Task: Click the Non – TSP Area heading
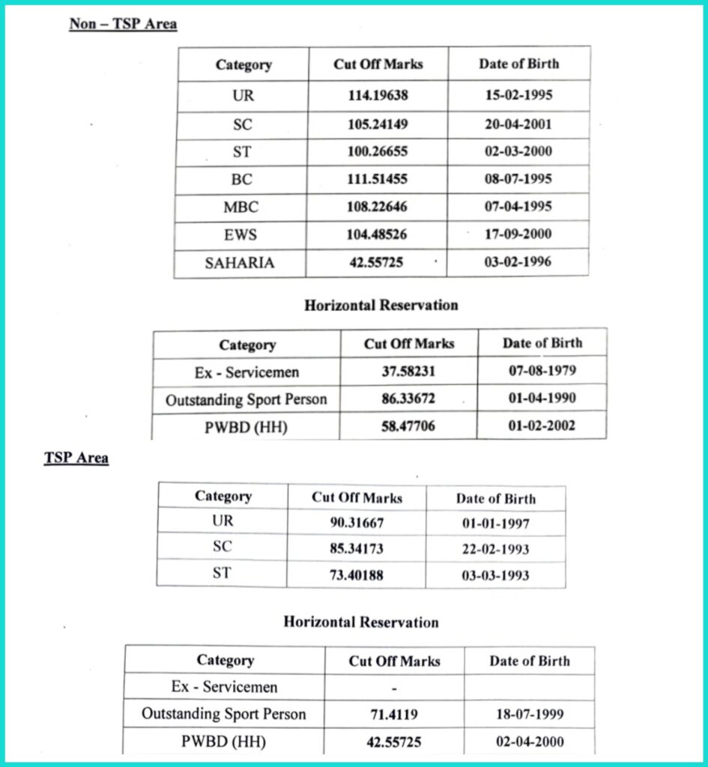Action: click(x=123, y=24)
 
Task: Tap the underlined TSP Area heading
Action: click(x=76, y=458)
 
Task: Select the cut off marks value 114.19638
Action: click(x=378, y=96)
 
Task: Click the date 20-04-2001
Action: click(x=518, y=124)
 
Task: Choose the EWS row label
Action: click(x=240, y=234)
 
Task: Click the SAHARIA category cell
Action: click(x=240, y=262)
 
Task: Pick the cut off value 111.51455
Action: click(x=378, y=179)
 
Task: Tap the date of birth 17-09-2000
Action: click(x=518, y=234)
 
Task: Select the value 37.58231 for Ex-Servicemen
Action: click(x=408, y=372)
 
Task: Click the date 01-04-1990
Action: click(x=542, y=398)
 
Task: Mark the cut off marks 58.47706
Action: click(x=408, y=426)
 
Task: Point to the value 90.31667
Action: click(x=357, y=523)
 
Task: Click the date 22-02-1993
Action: click(x=494, y=549)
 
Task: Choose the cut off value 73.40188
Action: click(x=357, y=575)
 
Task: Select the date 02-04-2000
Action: click(x=530, y=742)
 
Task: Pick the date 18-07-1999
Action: click(x=530, y=715)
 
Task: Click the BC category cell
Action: click(x=241, y=180)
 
